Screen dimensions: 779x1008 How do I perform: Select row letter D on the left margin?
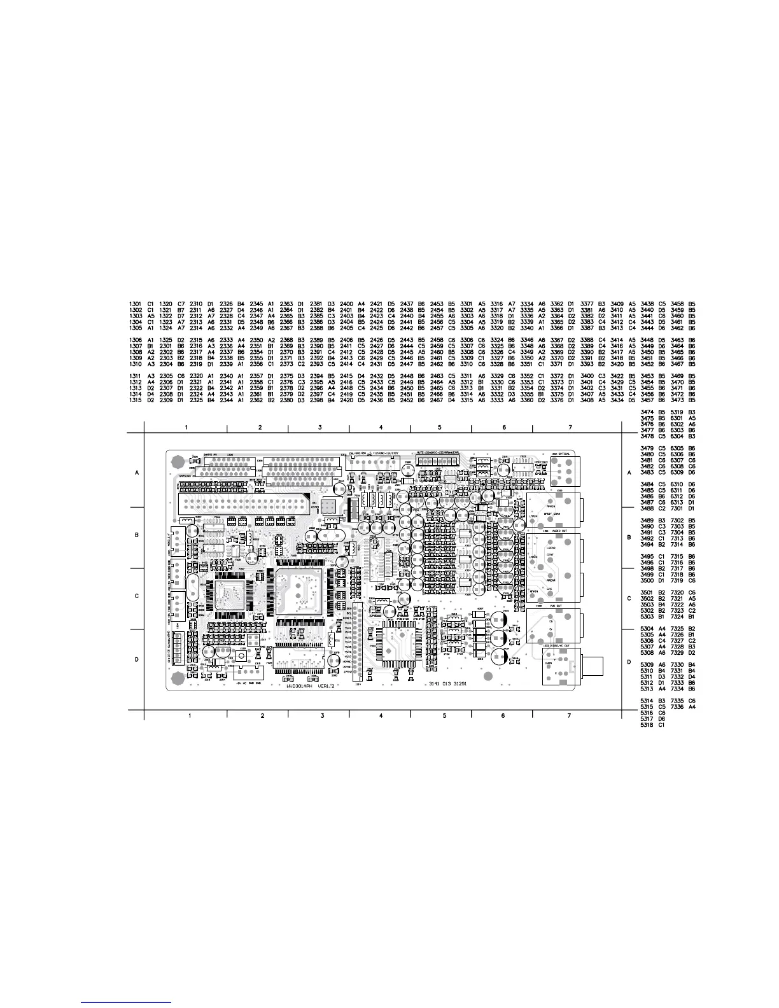click(136, 660)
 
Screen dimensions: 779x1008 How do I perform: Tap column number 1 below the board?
click(190, 716)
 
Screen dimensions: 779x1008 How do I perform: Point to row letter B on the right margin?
click(629, 538)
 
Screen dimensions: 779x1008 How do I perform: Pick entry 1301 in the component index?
click(135, 304)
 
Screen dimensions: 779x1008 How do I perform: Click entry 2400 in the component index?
click(346, 304)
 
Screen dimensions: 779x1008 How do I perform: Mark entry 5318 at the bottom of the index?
click(647, 725)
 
